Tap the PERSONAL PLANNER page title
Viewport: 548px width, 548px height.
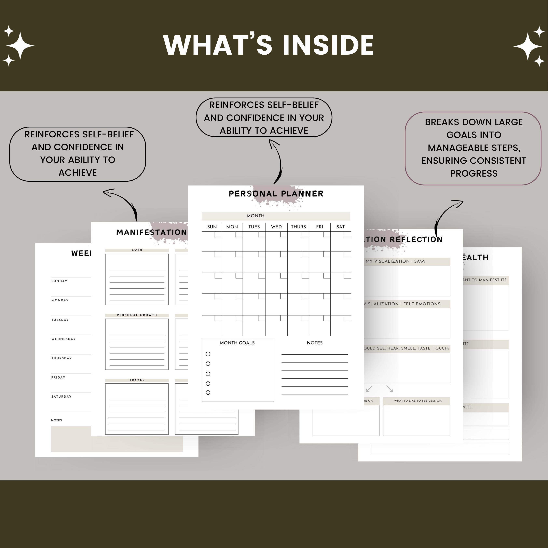[276, 194]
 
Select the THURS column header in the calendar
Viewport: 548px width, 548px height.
[298, 227]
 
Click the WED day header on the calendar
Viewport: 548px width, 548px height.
[276, 227]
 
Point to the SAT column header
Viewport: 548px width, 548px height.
[340, 227]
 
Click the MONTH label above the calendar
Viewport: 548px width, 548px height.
[255, 216]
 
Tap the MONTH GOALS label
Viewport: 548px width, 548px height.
[237, 343]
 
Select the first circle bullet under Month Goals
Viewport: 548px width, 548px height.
[208, 354]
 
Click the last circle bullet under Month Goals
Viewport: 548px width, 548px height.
[208, 393]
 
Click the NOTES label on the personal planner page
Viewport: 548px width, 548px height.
[315, 343]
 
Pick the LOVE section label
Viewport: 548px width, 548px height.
[137, 250]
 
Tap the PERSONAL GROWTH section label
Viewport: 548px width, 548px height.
[137, 315]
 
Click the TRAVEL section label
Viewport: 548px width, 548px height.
[137, 380]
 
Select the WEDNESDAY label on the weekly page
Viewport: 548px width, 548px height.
[64, 339]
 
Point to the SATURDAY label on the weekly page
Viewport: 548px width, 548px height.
[61, 397]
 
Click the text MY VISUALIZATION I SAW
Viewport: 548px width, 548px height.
[395, 261]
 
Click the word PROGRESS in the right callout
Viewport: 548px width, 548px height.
[474, 173]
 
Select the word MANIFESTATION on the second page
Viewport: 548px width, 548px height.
[151, 232]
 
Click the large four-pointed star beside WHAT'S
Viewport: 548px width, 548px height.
[20, 45]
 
